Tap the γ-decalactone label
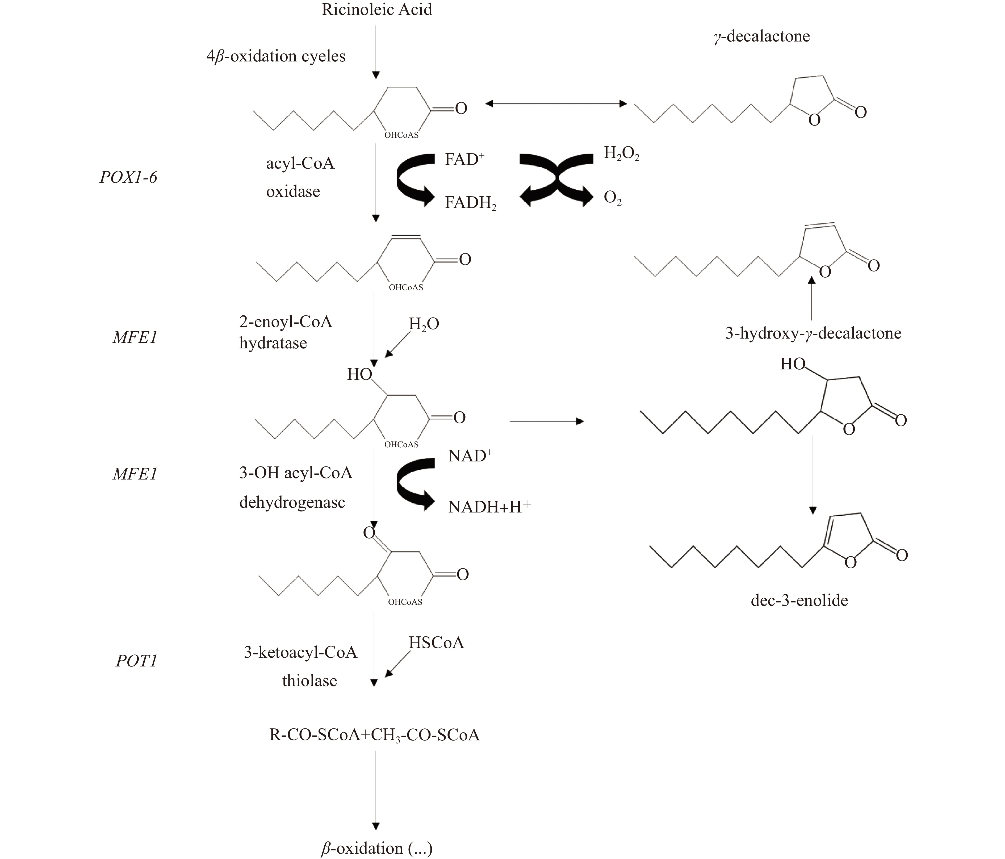pyautogui.click(x=761, y=36)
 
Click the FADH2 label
pyautogui.click(x=470, y=203)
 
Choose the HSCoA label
pyautogui.click(x=436, y=643)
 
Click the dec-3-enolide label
pyautogui.click(x=799, y=601)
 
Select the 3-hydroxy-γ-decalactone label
pyautogui.click(x=813, y=333)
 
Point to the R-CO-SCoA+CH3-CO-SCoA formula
pyautogui.click(x=374, y=735)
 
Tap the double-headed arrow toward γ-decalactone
pyautogui.click(x=556, y=103)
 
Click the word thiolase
pyautogui.click(x=309, y=681)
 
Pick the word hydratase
pyautogui.click(x=273, y=343)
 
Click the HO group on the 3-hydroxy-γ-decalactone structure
pyautogui.click(x=793, y=364)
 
